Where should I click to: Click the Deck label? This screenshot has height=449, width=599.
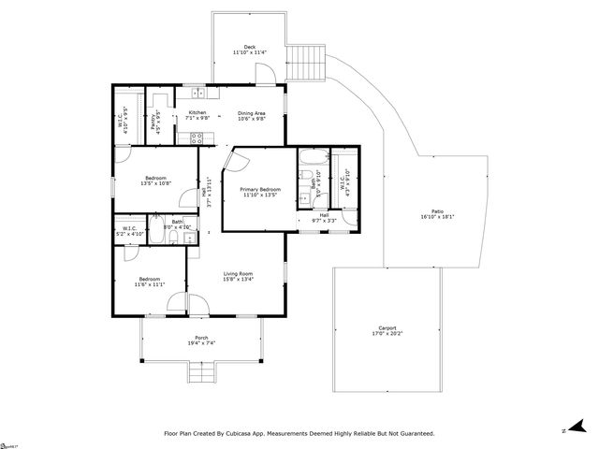[250, 47]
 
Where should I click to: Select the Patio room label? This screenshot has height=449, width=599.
[437, 212]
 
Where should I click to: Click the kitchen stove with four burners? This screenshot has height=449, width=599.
[197, 138]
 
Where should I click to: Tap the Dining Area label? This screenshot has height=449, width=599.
[252, 113]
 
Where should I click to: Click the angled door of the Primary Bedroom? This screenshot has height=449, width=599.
[233, 164]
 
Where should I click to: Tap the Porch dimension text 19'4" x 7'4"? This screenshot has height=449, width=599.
[201, 344]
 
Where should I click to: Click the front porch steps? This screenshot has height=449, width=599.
[201, 374]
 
